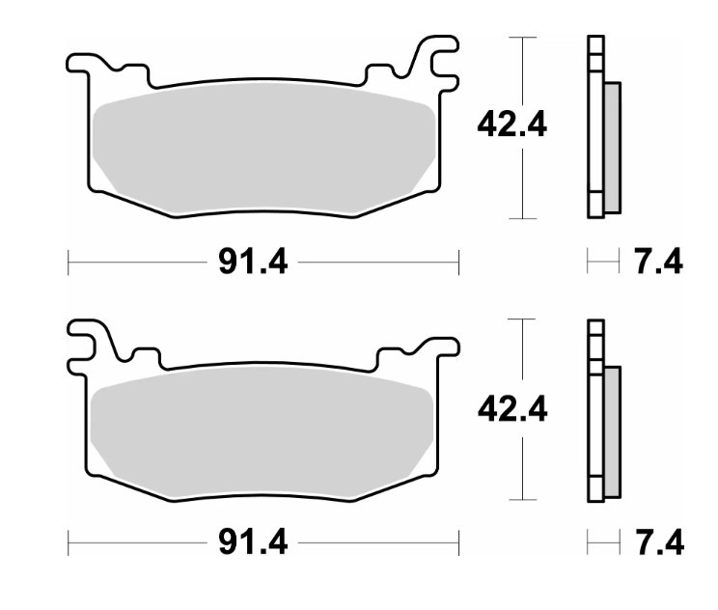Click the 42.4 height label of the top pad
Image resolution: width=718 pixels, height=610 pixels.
click(511, 125)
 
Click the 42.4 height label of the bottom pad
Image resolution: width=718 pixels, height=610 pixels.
click(512, 409)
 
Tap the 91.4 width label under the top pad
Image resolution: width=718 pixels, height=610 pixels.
click(253, 262)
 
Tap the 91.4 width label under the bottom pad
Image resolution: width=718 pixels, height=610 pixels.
click(253, 542)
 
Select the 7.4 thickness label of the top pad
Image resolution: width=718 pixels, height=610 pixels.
click(658, 262)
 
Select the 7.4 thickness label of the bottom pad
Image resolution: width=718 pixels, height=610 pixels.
click(659, 543)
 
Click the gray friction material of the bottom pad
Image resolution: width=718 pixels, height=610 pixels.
click(262, 432)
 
